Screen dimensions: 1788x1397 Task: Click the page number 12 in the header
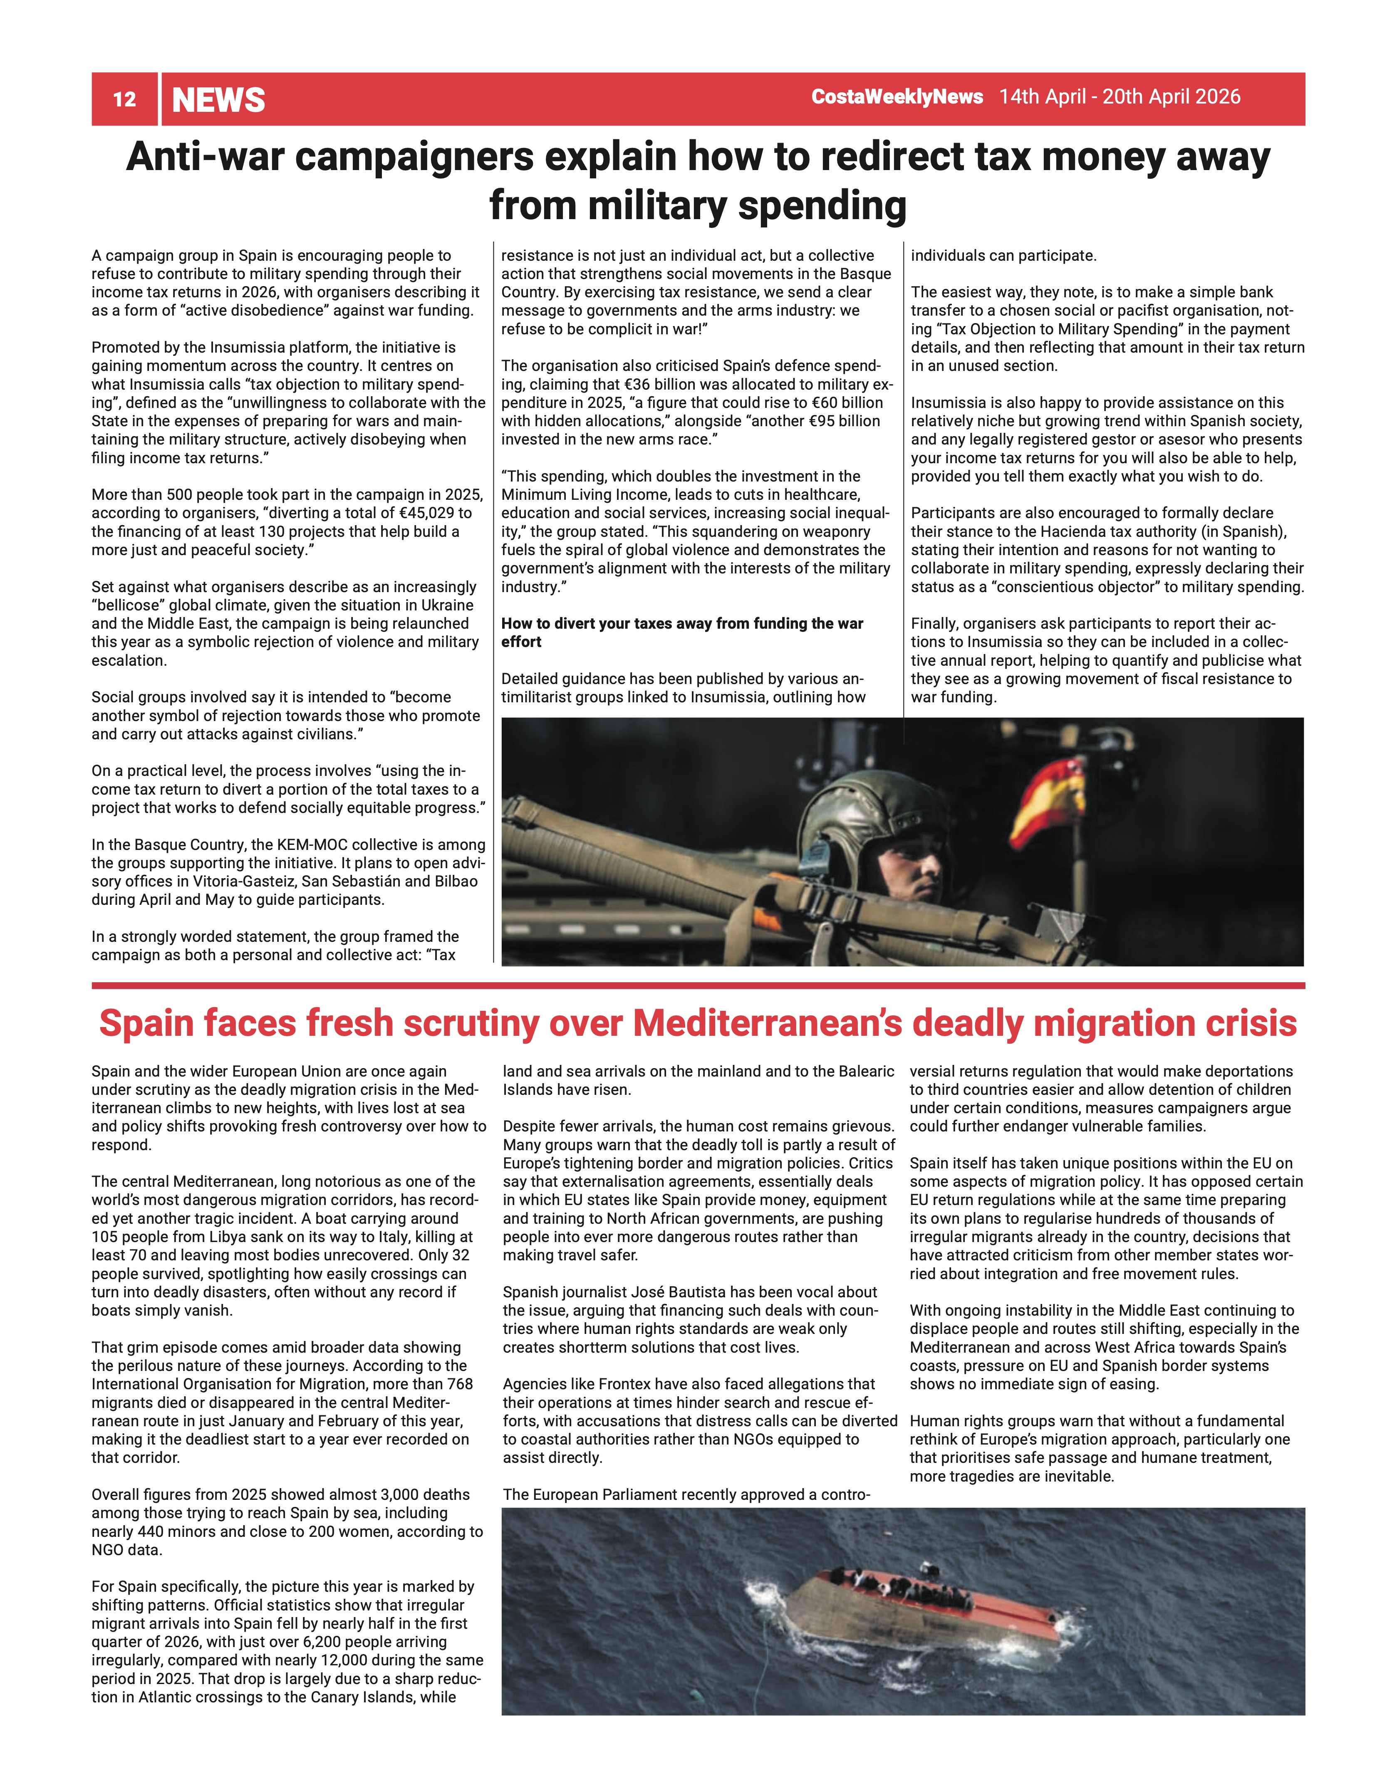tap(124, 99)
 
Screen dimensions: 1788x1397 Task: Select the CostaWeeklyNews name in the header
tap(897, 96)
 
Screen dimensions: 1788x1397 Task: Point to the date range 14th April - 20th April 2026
tap(1120, 96)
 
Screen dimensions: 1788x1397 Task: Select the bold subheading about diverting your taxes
tap(682, 632)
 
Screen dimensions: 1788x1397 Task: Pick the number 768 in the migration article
tap(459, 1383)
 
